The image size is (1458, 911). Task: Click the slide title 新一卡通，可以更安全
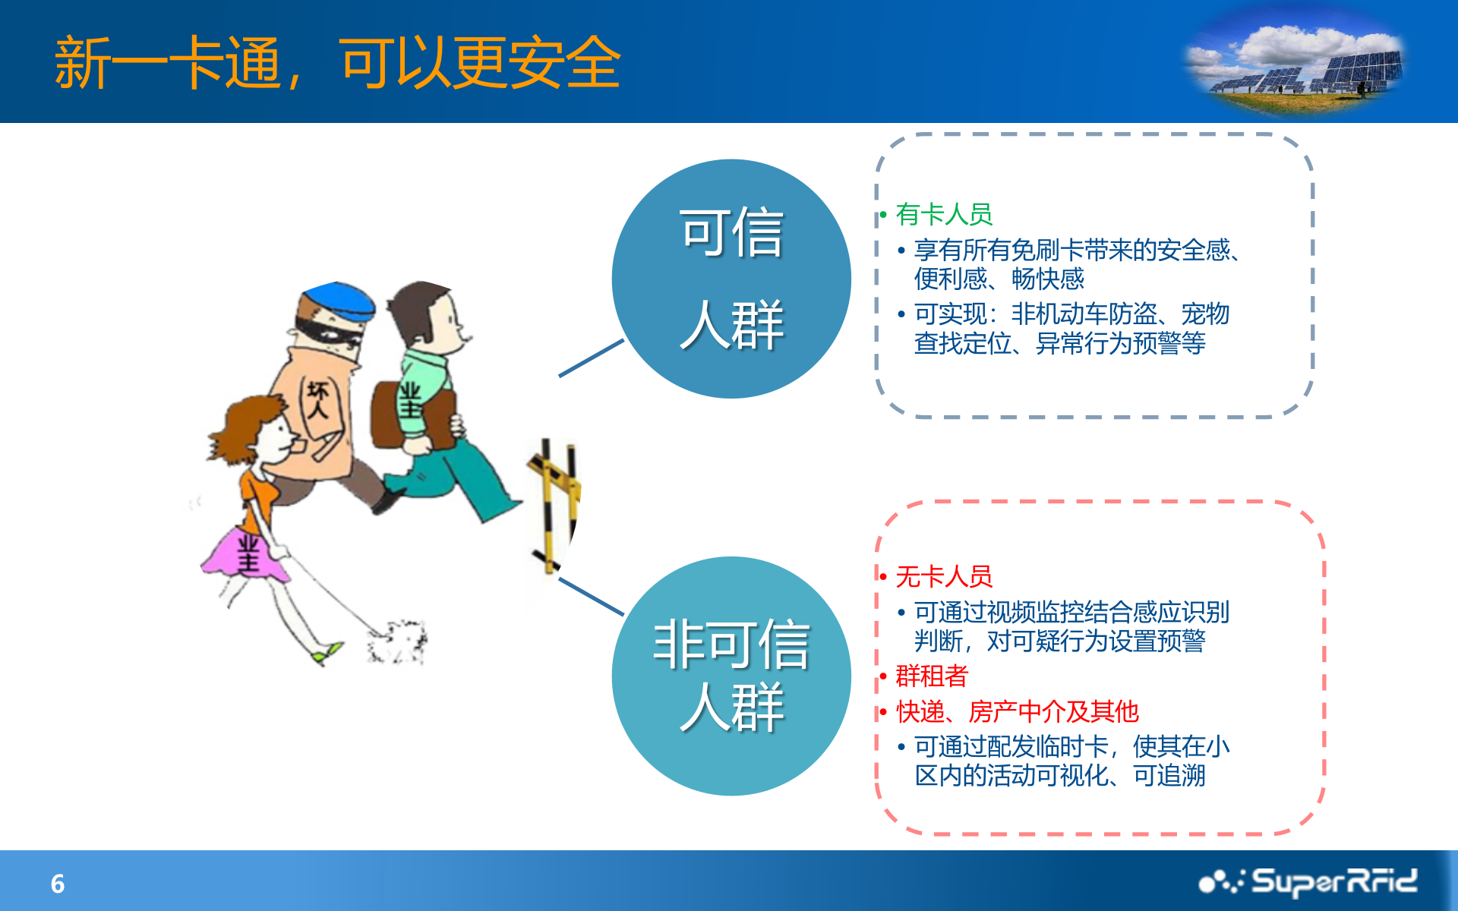pyautogui.click(x=338, y=63)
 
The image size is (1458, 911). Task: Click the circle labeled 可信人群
pyautogui.click(x=731, y=279)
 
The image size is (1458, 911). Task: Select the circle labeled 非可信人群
pyautogui.click(x=731, y=676)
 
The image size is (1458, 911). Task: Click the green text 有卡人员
pyautogui.click(x=944, y=214)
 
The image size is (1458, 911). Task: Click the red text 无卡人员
pyautogui.click(x=944, y=576)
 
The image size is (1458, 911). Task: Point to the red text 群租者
pyautogui.click(x=932, y=675)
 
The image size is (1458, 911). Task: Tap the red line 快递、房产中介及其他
pyautogui.click(x=1017, y=711)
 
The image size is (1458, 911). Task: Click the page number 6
pyautogui.click(x=58, y=884)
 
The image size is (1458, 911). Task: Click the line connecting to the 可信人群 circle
pyautogui.click(x=591, y=358)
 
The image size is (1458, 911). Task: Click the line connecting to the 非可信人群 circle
pyautogui.click(x=591, y=596)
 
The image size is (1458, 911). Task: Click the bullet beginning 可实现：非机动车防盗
pyautogui.click(x=1071, y=328)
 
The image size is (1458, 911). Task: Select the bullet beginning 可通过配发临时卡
pyautogui.click(x=1071, y=761)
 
